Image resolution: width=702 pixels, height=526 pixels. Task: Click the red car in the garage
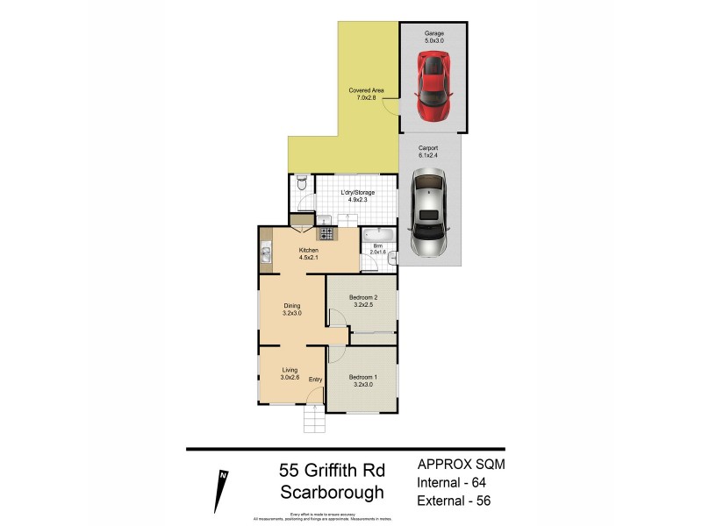pyautogui.click(x=432, y=86)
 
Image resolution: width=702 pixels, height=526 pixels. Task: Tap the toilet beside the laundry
pyautogui.click(x=301, y=185)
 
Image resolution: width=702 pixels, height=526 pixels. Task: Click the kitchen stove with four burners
pyautogui.click(x=326, y=234)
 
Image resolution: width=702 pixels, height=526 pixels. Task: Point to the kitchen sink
pyautogui.click(x=265, y=255)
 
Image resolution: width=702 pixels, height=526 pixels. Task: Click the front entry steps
pyautogui.click(x=315, y=423)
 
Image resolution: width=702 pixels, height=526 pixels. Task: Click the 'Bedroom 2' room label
pyautogui.click(x=362, y=298)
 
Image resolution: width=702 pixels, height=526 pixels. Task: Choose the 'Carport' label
pyautogui.click(x=429, y=148)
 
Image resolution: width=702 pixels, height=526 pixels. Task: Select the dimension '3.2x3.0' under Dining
pyautogui.click(x=291, y=313)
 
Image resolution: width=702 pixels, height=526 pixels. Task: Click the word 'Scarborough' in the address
pyautogui.click(x=332, y=492)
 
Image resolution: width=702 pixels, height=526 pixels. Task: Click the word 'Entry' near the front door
pyautogui.click(x=315, y=379)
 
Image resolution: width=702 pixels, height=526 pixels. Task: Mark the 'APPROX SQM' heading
pyautogui.click(x=459, y=463)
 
